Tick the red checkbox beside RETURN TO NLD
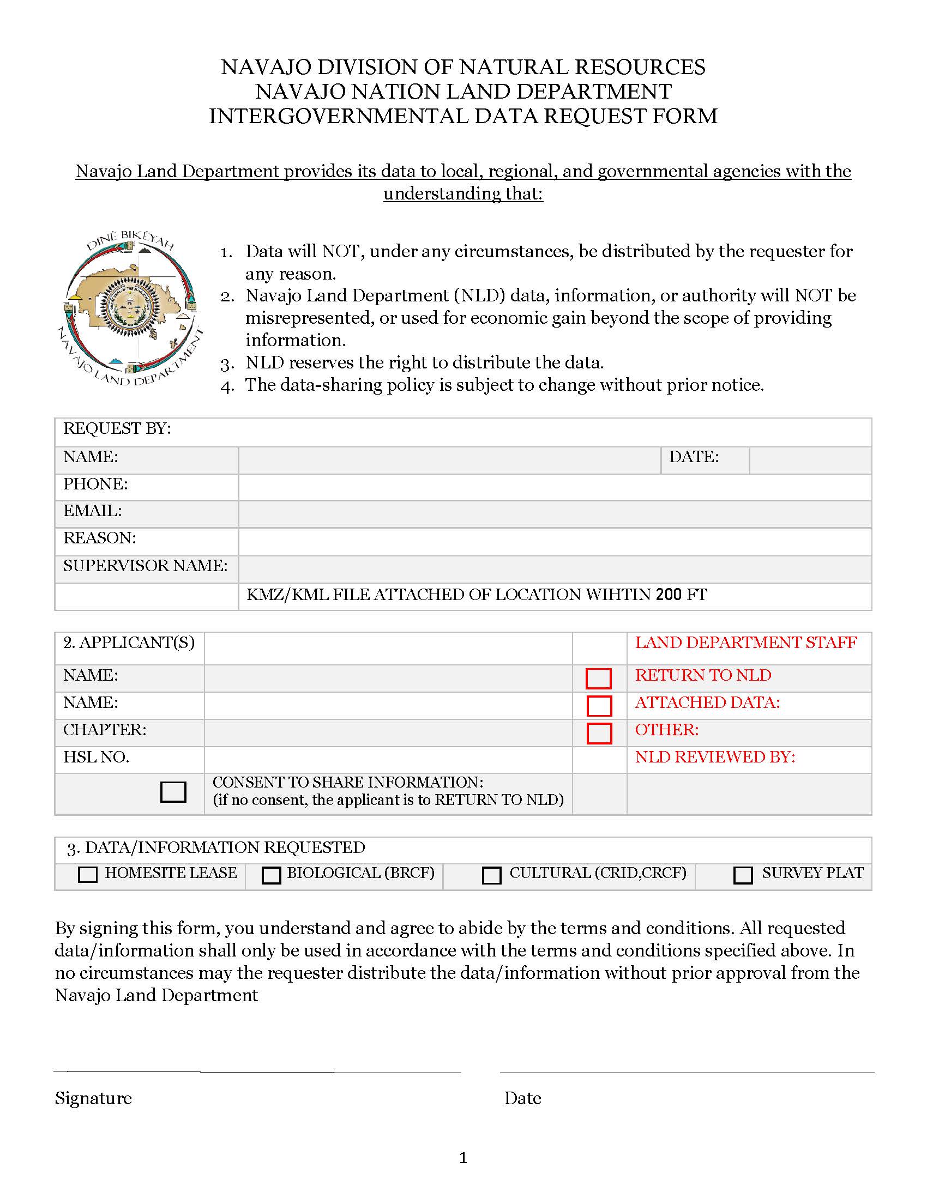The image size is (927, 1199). pyautogui.click(x=599, y=679)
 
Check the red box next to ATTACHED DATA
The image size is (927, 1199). pyautogui.click(x=599, y=706)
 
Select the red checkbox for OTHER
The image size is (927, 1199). pyautogui.click(x=599, y=734)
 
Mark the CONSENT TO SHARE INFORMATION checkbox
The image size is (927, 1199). pyautogui.click(x=173, y=792)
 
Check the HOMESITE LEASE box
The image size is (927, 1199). pyautogui.click(x=88, y=875)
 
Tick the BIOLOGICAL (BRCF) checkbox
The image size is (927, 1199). pyautogui.click(x=272, y=875)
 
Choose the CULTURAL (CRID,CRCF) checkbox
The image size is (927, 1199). pyautogui.click(x=491, y=875)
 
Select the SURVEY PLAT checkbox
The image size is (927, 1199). pyautogui.click(x=743, y=875)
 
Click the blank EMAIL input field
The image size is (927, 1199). pyautogui.click(x=555, y=514)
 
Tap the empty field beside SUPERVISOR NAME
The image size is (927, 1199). pyautogui.click(x=555, y=570)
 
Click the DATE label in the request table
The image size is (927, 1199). pyautogui.click(x=694, y=457)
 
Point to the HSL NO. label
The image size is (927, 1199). pyautogui.click(x=96, y=758)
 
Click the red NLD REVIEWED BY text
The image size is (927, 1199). pyautogui.click(x=715, y=758)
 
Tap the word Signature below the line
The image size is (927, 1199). pyautogui.click(x=93, y=1099)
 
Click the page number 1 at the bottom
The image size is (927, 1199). pyautogui.click(x=463, y=1158)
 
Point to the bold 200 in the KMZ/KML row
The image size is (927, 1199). pyautogui.click(x=669, y=595)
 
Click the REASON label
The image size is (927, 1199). pyautogui.click(x=99, y=538)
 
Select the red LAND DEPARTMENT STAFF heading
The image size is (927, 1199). pyautogui.click(x=746, y=643)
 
